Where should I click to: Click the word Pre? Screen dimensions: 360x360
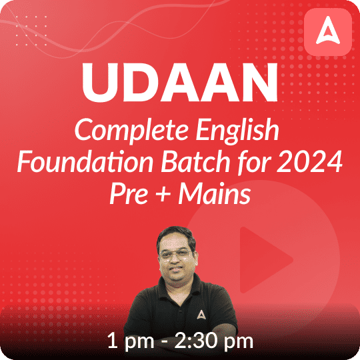tap(126, 193)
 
